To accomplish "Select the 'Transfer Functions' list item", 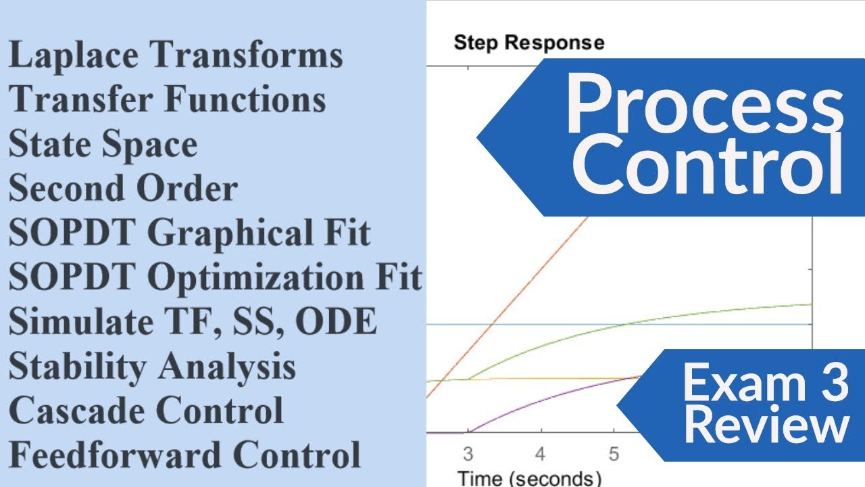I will point(168,101).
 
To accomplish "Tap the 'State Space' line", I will point(103,145).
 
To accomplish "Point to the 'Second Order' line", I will point(123,189).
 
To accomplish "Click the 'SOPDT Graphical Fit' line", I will point(190,234).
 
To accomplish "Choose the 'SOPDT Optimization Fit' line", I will point(216,278).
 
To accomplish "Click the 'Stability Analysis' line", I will point(152,367).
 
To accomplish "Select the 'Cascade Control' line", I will point(146,411).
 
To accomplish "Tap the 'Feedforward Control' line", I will point(184,456).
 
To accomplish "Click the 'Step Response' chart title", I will point(529,43).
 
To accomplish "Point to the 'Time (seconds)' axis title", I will point(529,478).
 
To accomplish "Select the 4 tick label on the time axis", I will point(540,453).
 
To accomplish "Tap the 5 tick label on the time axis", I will point(614,453).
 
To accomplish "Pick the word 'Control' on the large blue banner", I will point(710,166).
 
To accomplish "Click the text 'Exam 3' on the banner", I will point(765,383).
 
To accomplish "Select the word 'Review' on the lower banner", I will point(770,426).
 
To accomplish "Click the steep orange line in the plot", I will point(514,298).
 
